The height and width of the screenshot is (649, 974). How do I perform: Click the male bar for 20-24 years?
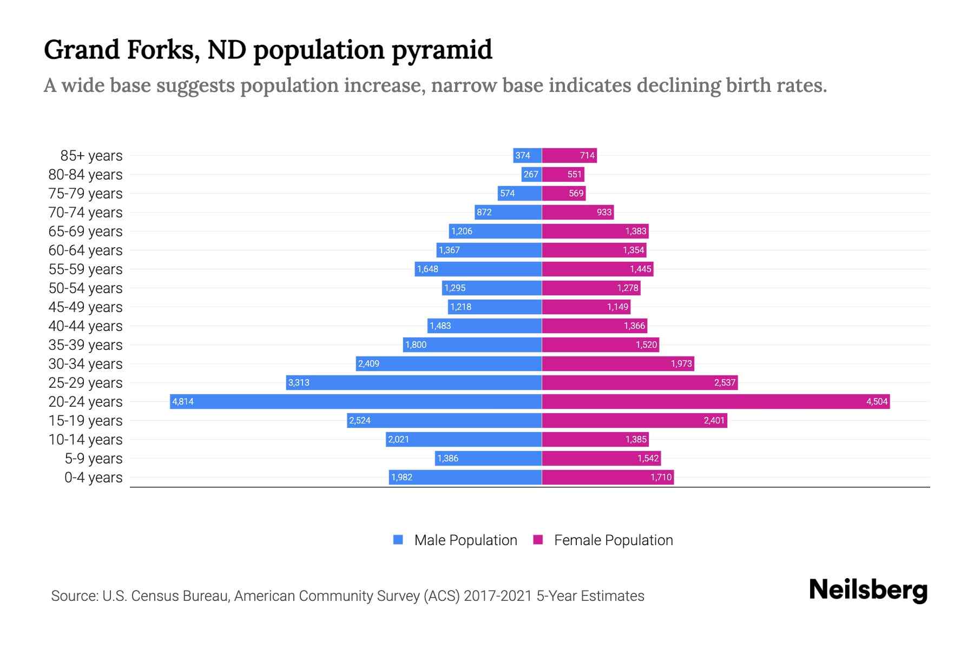pyautogui.click(x=356, y=401)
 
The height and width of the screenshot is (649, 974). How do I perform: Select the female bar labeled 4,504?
pyautogui.click(x=715, y=401)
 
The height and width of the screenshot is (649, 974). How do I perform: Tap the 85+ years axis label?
pyautogui.click(x=91, y=156)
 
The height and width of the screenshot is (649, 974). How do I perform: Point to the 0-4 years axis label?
pyautogui.click(x=93, y=478)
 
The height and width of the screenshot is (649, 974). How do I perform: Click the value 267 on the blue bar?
pyautogui.click(x=531, y=174)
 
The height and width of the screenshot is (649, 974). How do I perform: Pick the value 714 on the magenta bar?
pyautogui.click(x=587, y=155)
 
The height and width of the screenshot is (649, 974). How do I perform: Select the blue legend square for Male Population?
pyautogui.click(x=398, y=540)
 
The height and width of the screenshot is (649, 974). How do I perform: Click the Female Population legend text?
pyautogui.click(x=613, y=540)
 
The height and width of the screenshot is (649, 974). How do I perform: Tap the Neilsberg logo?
pyautogui.click(x=868, y=590)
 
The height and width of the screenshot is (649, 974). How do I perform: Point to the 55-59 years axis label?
pyautogui.click(x=85, y=269)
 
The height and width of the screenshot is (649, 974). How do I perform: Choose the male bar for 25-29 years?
pyautogui.click(x=414, y=382)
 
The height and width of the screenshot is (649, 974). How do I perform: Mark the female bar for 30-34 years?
pyautogui.click(x=617, y=363)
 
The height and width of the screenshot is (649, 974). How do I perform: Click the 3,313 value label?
pyautogui.click(x=299, y=382)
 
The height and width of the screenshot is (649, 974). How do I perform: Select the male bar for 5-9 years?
pyautogui.click(x=488, y=458)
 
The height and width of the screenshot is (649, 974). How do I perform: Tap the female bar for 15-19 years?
pyautogui.click(x=634, y=420)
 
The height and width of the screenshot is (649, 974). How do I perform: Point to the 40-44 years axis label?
pyautogui.click(x=85, y=326)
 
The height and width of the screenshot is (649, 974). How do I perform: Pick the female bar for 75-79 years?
pyautogui.click(x=563, y=193)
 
